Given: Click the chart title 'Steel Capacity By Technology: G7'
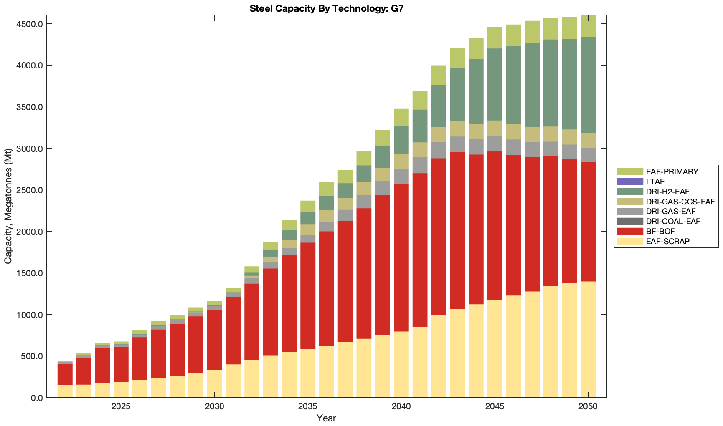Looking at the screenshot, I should pyautogui.click(x=326, y=8).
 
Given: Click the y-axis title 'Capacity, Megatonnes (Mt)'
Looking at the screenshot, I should pyautogui.click(x=8, y=206).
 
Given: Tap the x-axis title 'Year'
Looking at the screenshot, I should pyautogui.click(x=326, y=418).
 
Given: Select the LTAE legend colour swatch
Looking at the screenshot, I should pyautogui.click(x=630, y=181).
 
